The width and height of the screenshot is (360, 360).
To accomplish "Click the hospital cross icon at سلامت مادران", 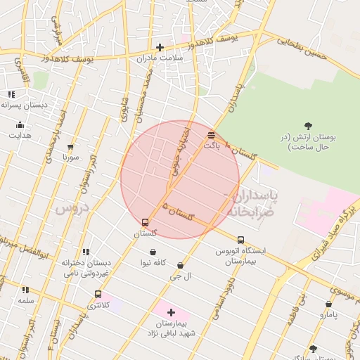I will pos(160,48).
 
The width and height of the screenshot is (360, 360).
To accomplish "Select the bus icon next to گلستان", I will pos(146,222).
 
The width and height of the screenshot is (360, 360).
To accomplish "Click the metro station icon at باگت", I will pos(212,134).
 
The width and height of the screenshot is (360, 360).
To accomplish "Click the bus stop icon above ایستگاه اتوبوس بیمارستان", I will pos(241,240).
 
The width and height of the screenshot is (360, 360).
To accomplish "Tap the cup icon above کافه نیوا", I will pos(153,252).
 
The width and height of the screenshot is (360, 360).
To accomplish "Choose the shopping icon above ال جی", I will pos(181,266).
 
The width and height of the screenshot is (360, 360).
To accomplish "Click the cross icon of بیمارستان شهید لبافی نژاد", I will pos(171,311).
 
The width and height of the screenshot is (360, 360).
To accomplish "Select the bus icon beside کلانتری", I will pos(98,294).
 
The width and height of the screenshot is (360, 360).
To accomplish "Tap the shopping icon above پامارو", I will pos(328,304).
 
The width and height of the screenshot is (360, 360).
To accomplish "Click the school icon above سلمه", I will pos(26,290).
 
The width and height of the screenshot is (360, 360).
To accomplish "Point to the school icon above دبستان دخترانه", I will pos(86,252).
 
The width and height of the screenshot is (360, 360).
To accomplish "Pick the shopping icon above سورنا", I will pos(70,148).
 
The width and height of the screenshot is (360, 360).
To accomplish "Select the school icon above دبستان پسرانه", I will pos(11,94).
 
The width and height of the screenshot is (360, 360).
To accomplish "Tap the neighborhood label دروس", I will pos(70,209).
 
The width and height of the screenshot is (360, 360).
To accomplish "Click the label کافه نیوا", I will pos(153,262).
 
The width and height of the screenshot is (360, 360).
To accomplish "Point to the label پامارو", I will pos(328,314).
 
